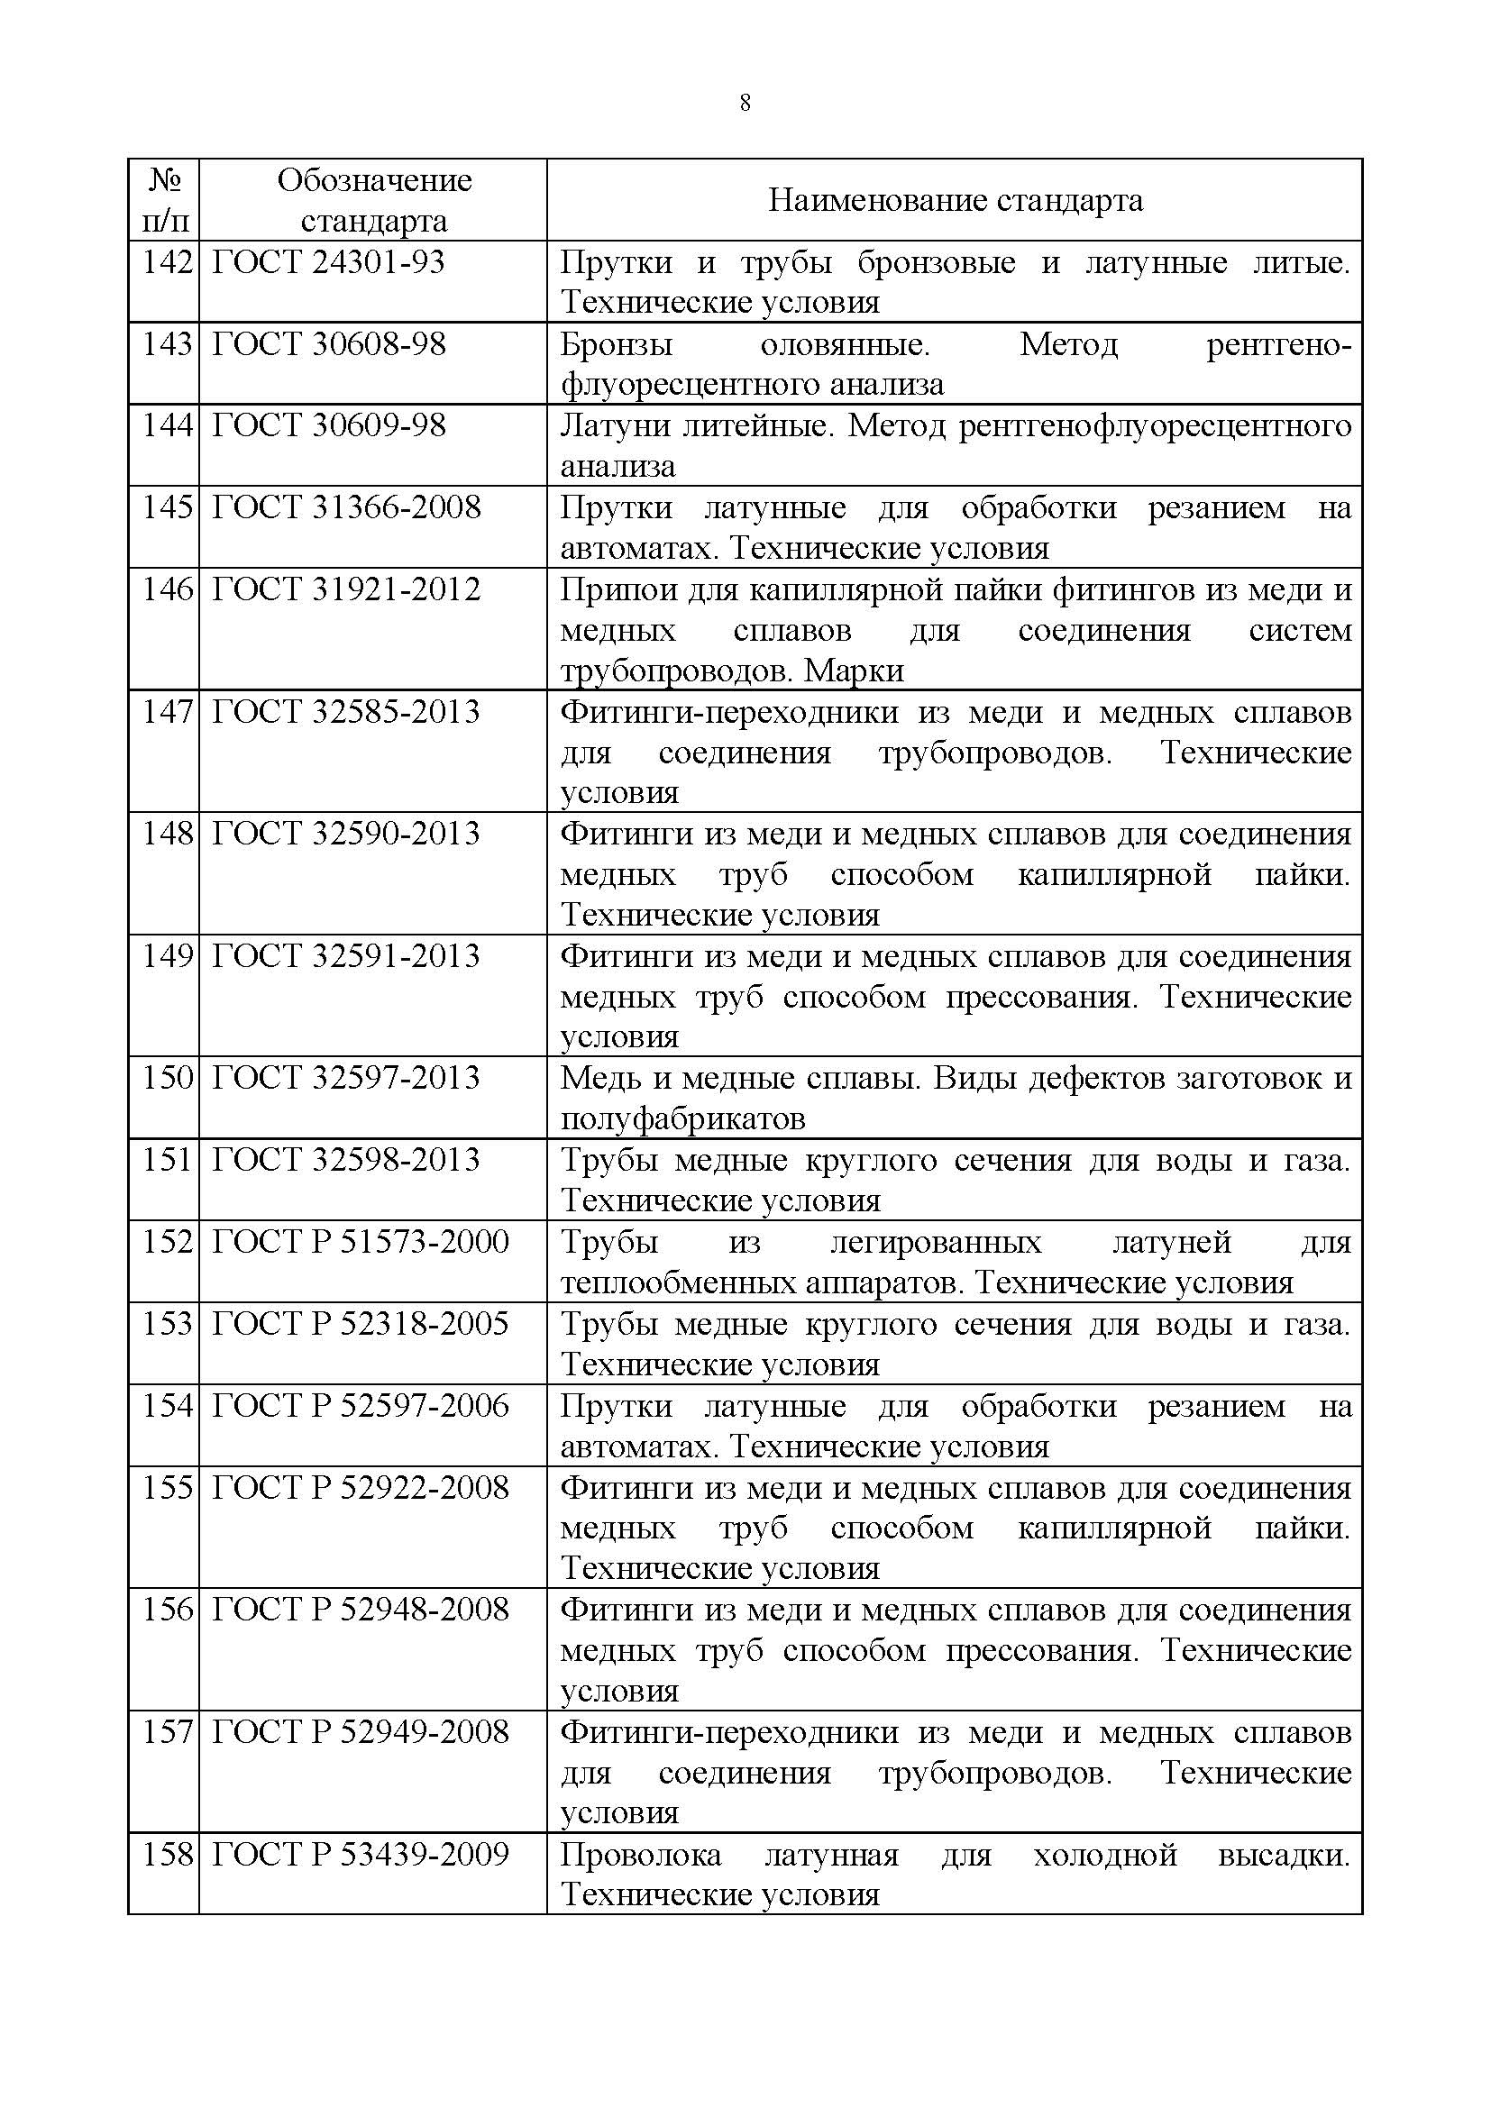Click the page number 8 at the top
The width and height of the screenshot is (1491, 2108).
click(x=745, y=103)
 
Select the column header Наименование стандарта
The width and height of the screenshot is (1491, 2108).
click(x=955, y=200)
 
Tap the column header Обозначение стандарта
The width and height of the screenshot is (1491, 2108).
click(x=374, y=200)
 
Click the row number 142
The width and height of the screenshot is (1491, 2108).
click(x=167, y=262)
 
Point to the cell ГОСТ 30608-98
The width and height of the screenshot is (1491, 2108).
click(x=329, y=344)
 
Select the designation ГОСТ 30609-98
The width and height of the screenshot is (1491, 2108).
click(x=329, y=425)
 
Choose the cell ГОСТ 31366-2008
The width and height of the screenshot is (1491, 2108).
click(x=346, y=506)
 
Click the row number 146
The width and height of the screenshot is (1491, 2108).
click(x=167, y=589)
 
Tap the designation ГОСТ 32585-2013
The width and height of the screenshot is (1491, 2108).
click(x=346, y=712)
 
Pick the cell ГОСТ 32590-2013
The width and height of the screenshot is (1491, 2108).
click(x=346, y=834)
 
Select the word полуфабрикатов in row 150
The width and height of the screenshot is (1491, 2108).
click(x=682, y=1118)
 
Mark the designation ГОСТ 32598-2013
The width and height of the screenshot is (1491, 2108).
click(x=346, y=1160)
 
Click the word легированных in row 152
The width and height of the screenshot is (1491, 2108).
click(x=936, y=1242)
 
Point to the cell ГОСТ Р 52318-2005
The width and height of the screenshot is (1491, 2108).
click(x=360, y=1323)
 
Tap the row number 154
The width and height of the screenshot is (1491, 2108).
click(x=167, y=1406)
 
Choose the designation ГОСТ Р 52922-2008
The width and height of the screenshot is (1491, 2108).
click(x=360, y=1487)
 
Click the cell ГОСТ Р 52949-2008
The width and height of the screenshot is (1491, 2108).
click(x=360, y=1732)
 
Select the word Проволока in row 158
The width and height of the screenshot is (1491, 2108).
click(x=640, y=1856)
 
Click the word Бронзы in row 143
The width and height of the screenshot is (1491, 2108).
click(x=616, y=345)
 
